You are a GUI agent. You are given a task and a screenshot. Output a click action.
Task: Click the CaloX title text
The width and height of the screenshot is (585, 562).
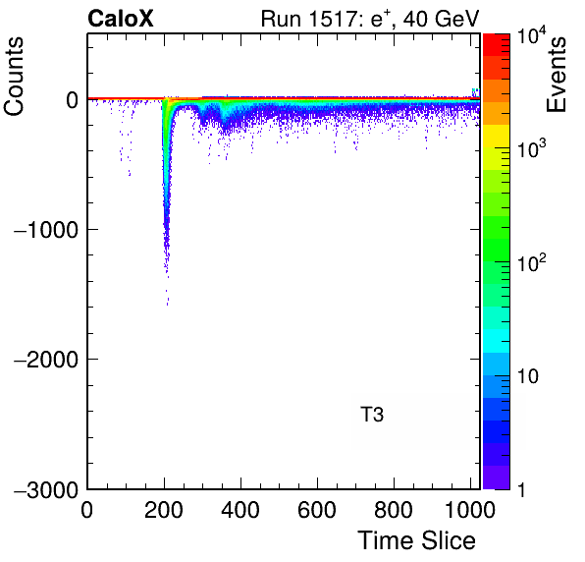coord(121,19)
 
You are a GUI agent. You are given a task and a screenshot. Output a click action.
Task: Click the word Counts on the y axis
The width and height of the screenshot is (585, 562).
coord(14,77)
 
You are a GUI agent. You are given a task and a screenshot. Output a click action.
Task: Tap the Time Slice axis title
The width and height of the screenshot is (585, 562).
coord(417,540)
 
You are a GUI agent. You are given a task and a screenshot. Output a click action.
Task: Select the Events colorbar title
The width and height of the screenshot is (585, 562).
coord(556,75)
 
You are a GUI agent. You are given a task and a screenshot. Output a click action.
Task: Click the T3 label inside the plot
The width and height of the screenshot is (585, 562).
coord(372,414)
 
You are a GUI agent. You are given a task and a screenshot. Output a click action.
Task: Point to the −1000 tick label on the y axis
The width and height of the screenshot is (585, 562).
coord(46,230)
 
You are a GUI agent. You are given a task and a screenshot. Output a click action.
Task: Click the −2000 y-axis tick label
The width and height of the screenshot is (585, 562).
coord(46,360)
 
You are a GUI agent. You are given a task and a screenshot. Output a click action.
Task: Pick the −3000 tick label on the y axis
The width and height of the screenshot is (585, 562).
coord(46,489)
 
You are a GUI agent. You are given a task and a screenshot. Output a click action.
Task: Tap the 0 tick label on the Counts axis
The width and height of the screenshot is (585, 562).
coord(72,100)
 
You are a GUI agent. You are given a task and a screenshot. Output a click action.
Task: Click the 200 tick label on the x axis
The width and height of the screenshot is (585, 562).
coord(164,510)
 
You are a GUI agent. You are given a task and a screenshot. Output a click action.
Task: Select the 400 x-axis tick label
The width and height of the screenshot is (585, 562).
coord(240,510)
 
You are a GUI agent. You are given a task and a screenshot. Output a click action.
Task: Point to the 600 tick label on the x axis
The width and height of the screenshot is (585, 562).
coord(317,510)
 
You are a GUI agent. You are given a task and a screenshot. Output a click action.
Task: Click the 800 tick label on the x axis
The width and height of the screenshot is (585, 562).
coord(394,510)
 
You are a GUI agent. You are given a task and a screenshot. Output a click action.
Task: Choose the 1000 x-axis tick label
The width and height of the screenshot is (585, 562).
coord(470,510)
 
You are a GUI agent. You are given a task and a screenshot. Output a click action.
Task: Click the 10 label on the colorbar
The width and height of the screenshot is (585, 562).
coord(528,376)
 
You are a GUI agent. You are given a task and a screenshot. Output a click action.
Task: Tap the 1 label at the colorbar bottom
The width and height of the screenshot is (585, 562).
coord(521,489)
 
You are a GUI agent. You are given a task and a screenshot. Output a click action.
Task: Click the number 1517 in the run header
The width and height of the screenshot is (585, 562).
coord(334,19)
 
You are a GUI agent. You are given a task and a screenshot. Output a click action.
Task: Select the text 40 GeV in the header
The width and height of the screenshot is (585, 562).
coord(442,19)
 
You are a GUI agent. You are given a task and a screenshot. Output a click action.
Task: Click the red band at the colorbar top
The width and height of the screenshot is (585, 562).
coord(497,45)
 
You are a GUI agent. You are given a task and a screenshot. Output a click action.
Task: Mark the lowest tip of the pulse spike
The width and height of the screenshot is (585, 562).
coord(168,306)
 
